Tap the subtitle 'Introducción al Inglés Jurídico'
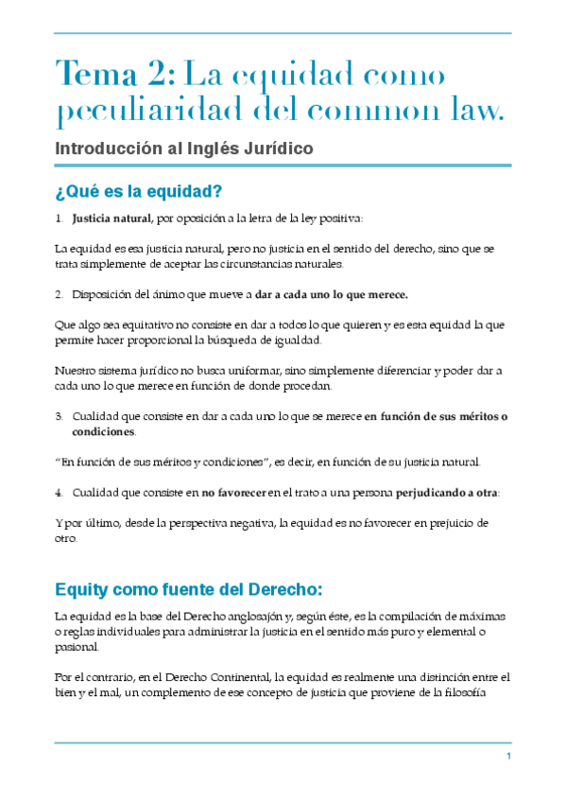(184, 148)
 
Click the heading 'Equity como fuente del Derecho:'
(189, 589)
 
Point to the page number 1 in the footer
(508, 758)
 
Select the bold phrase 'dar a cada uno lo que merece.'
(331, 294)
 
